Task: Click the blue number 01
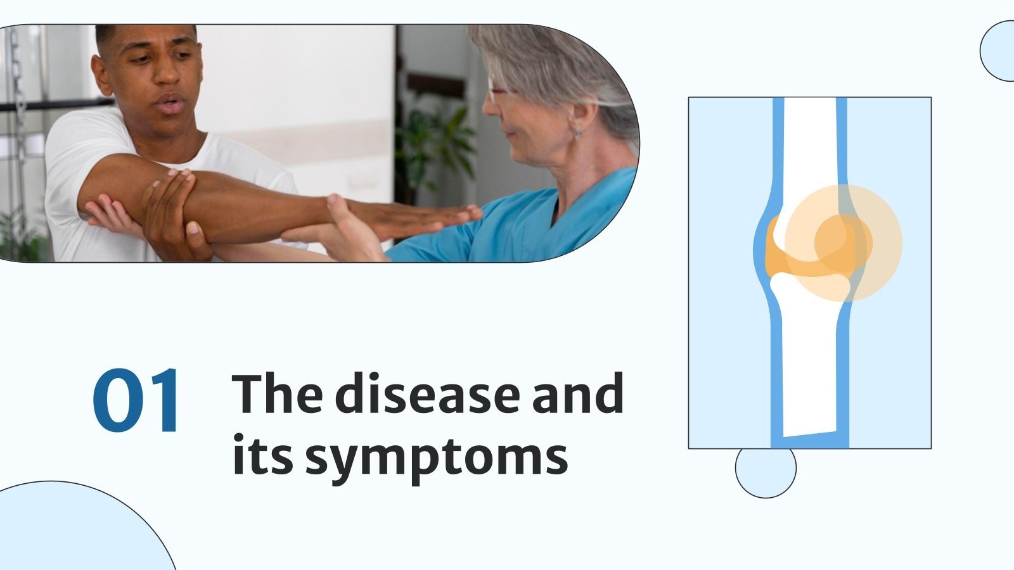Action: coord(137,402)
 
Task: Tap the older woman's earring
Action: coord(578,134)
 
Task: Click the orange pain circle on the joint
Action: coord(844,243)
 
